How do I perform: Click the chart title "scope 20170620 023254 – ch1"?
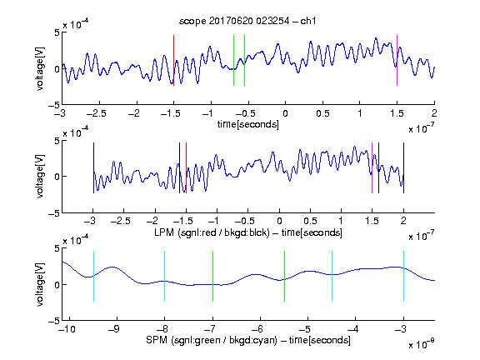tap(247, 21)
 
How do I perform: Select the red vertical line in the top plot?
tap(174, 60)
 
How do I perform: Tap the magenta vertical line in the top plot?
tap(397, 60)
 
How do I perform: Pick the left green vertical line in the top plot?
tap(233, 60)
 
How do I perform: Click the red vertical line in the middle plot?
tap(186, 168)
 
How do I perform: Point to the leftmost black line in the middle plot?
tap(93, 168)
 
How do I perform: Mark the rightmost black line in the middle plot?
tap(403, 168)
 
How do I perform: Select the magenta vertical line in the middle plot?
tap(372, 168)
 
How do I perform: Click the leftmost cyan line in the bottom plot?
tap(93, 276)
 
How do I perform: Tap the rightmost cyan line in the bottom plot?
tap(403, 276)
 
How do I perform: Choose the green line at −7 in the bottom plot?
tap(212, 276)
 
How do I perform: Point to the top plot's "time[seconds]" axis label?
tap(248, 124)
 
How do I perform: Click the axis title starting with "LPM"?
tap(248, 232)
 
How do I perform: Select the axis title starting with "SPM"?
tap(248, 340)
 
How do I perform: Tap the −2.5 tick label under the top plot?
tap(96, 113)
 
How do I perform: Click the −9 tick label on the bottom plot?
tap(113, 329)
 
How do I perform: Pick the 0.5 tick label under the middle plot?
tap(310, 221)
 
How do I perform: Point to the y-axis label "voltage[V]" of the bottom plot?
tap(40, 285)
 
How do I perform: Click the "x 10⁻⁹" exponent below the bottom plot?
tap(422, 344)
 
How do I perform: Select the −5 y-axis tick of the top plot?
tap(54, 105)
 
